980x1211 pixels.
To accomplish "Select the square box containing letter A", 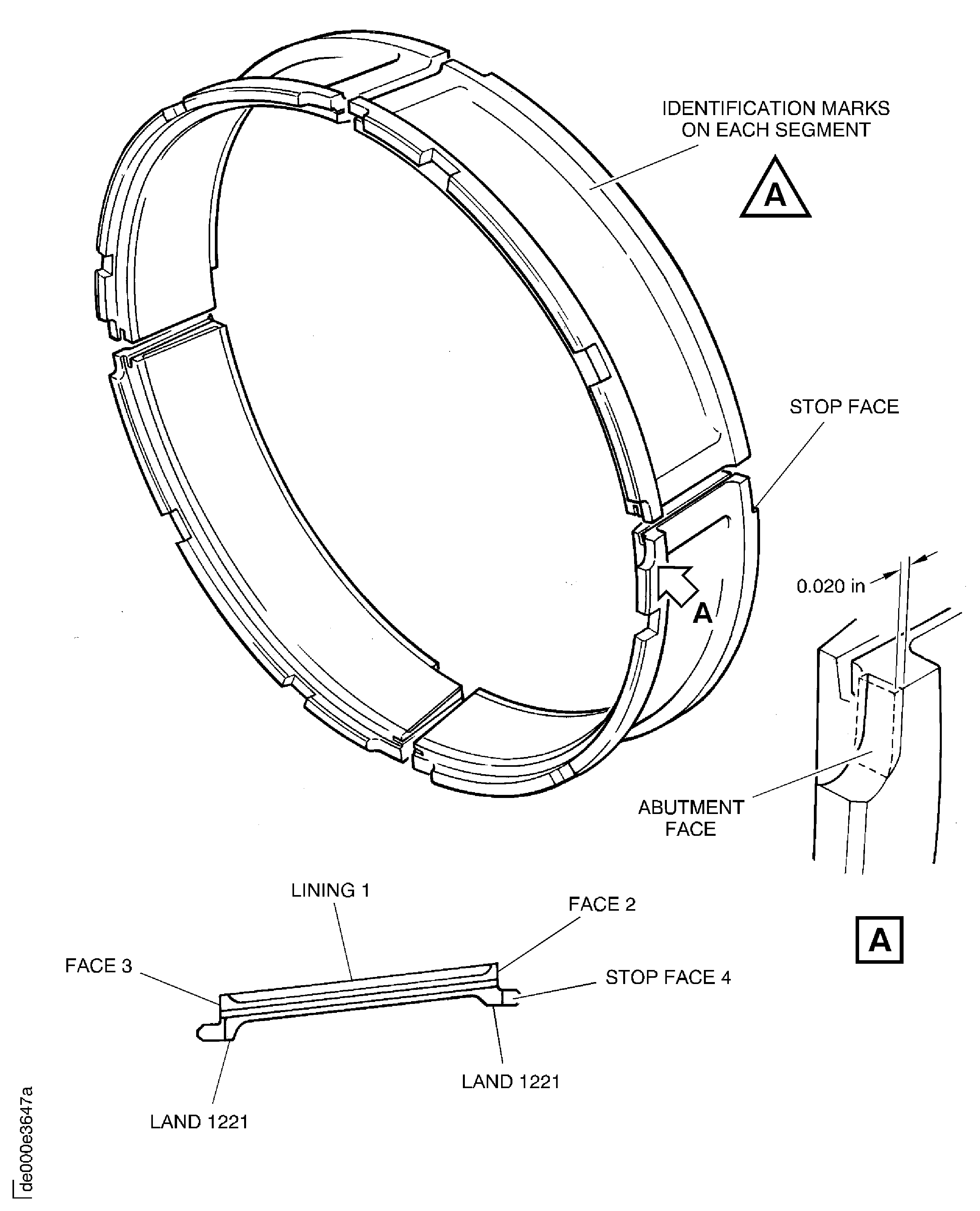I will [879, 940].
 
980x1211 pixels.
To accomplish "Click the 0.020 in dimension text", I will [830, 587].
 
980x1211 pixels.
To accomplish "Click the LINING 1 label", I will [330, 890].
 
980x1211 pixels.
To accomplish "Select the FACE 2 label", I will [602, 904].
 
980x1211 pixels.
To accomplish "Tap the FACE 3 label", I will [98, 966].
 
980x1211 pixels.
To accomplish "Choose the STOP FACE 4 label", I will [668, 977].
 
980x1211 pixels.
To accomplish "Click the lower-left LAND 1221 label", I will [199, 1122].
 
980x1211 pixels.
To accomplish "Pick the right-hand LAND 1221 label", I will [510, 1082].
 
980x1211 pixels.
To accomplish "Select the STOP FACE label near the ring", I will [844, 407].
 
